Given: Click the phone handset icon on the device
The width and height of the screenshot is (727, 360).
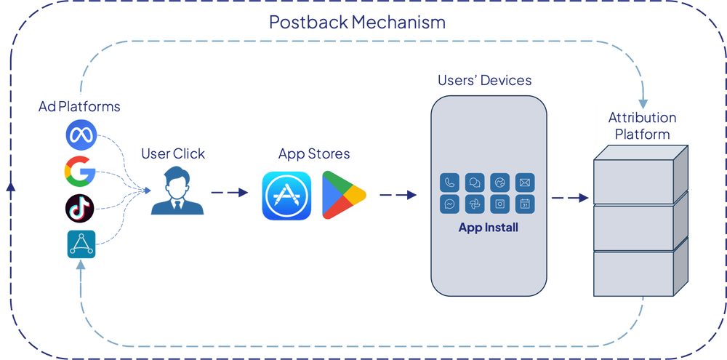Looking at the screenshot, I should [x=451, y=182].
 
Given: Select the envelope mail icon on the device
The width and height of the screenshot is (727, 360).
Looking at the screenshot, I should [x=525, y=182].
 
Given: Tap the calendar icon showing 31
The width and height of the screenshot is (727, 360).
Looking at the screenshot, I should [x=525, y=204].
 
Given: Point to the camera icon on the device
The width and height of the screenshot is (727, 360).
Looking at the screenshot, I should [x=500, y=204].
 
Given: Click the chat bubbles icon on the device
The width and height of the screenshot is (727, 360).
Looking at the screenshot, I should [x=475, y=182].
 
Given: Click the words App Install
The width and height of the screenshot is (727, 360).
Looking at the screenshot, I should [x=488, y=228].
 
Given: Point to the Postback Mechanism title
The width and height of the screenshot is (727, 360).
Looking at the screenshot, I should [x=357, y=23].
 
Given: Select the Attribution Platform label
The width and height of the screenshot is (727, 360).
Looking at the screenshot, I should [x=642, y=126].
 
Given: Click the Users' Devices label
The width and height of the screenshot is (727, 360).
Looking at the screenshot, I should [x=485, y=80].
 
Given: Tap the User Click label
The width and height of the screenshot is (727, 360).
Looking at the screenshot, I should [x=173, y=153].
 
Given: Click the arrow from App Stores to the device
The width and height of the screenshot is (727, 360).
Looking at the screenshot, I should [x=398, y=195].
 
